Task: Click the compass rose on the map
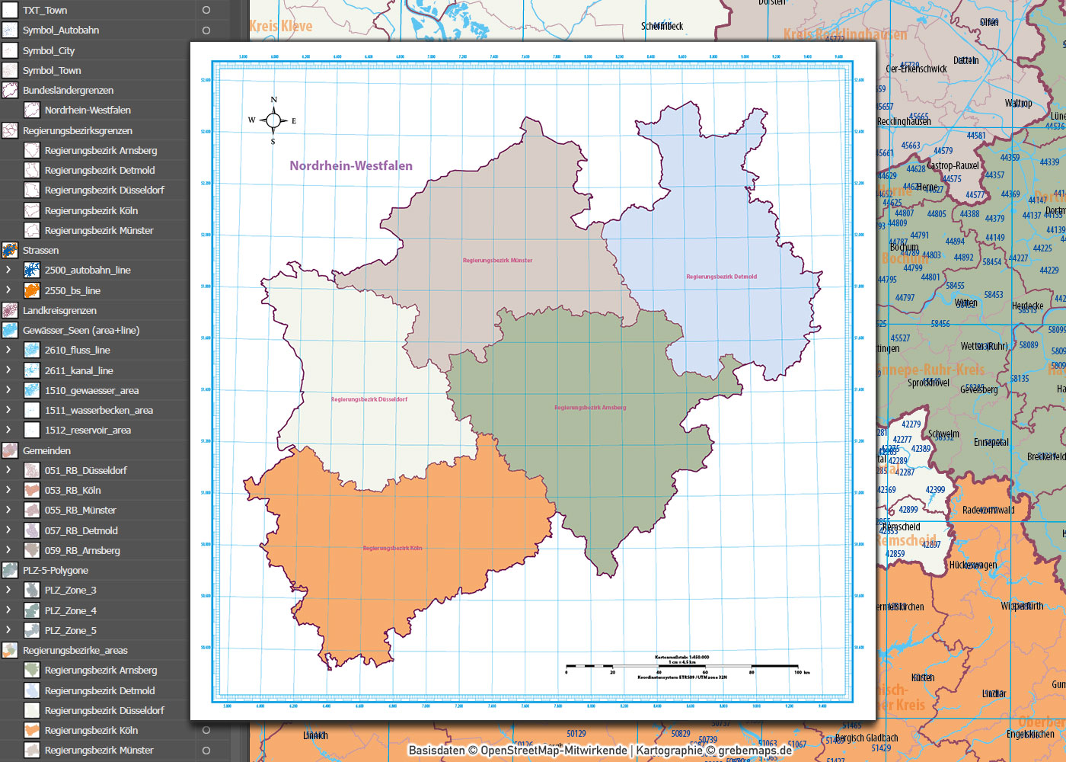273,120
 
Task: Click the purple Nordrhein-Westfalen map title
351,165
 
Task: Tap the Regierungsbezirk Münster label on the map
497,261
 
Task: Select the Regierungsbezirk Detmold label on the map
721,277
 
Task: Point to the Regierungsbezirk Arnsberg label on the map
590,408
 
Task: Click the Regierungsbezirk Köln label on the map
392,548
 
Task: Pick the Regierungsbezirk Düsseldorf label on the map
369,399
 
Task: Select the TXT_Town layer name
45,11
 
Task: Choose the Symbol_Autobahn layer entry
61,30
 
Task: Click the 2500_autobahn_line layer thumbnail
32,271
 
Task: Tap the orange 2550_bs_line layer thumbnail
32,290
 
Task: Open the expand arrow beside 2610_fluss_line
8,350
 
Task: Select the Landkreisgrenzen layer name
59,310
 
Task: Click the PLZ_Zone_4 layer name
70,610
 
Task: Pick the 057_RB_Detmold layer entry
81,530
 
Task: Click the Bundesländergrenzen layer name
68,90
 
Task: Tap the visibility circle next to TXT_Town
206,11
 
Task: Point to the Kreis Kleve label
280,26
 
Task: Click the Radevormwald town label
988,510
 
